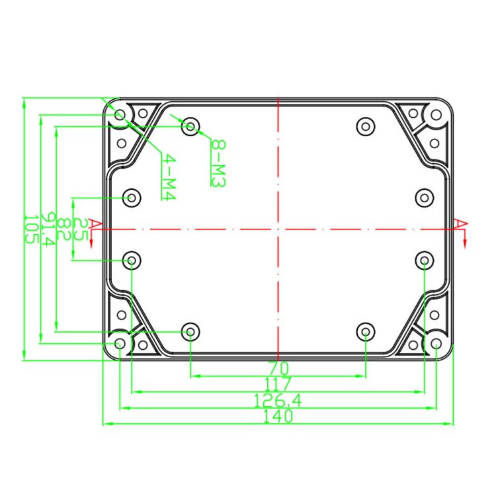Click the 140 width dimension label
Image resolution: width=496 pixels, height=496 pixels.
[x=278, y=416]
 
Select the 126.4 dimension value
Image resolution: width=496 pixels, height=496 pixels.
[x=277, y=401]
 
